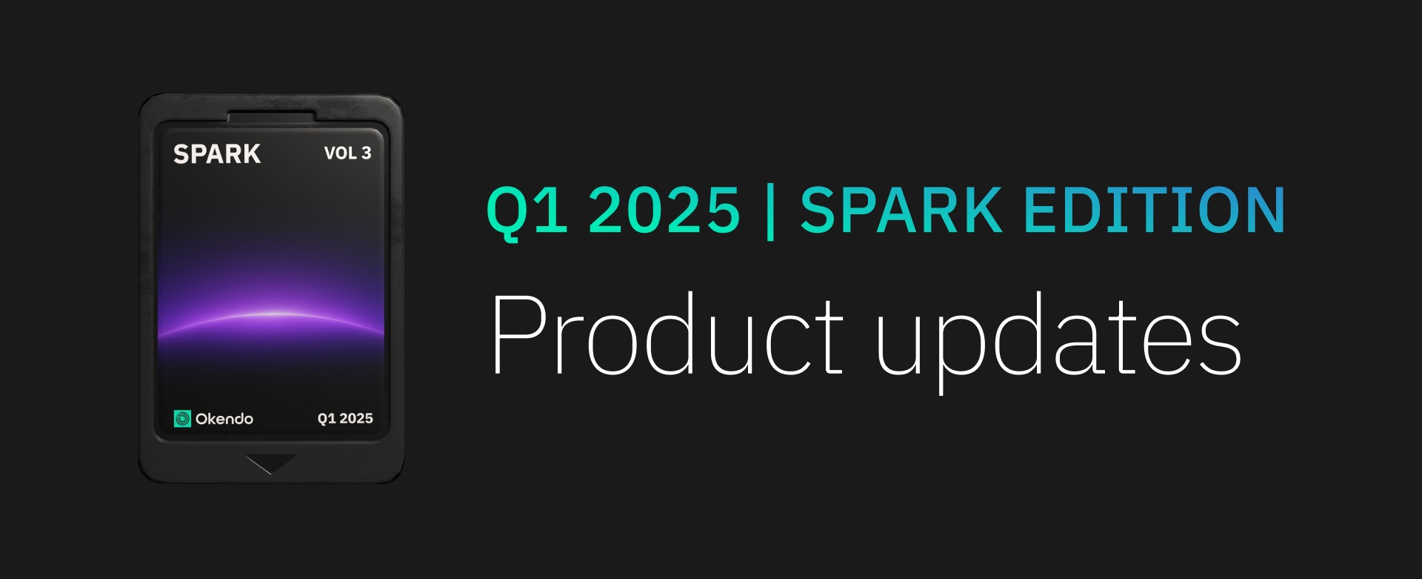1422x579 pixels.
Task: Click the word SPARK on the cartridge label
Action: click(217, 153)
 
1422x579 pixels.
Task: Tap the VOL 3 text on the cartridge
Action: click(347, 153)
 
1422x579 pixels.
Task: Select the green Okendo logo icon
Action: click(182, 419)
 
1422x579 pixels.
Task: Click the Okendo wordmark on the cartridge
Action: click(224, 419)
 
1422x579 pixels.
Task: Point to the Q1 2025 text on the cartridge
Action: click(345, 418)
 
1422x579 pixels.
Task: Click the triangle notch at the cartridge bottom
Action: click(271, 463)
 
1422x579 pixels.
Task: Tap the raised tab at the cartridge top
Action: click(272, 116)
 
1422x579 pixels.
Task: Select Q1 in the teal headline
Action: click(527, 212)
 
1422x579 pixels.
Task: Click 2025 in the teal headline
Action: click(664, 210)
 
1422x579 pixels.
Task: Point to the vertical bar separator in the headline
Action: click(770, 212)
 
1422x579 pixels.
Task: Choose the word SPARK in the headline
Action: click(902, 210)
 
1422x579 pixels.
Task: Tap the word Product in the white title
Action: click(667, 334)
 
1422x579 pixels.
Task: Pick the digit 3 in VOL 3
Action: click(366, 153)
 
